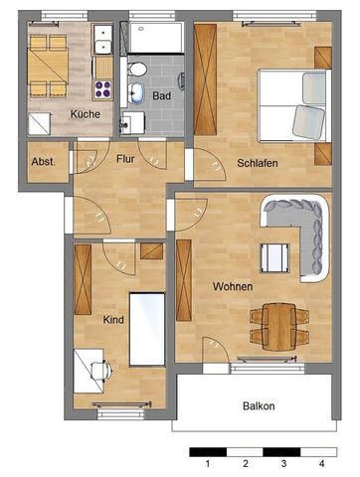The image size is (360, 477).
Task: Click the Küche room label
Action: pos(85,113)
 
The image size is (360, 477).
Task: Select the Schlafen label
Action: pos(257,164)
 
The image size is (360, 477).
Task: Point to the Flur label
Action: pos(125,158)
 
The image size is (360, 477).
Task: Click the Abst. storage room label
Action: pos(44,161)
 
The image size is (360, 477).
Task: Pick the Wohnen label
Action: pos(232,286)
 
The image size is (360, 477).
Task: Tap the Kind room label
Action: pos(114,320)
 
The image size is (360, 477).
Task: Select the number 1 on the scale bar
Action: pos(207,464)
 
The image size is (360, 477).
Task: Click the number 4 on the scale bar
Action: pos(321,464)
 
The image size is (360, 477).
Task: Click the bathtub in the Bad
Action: pos(154,40)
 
